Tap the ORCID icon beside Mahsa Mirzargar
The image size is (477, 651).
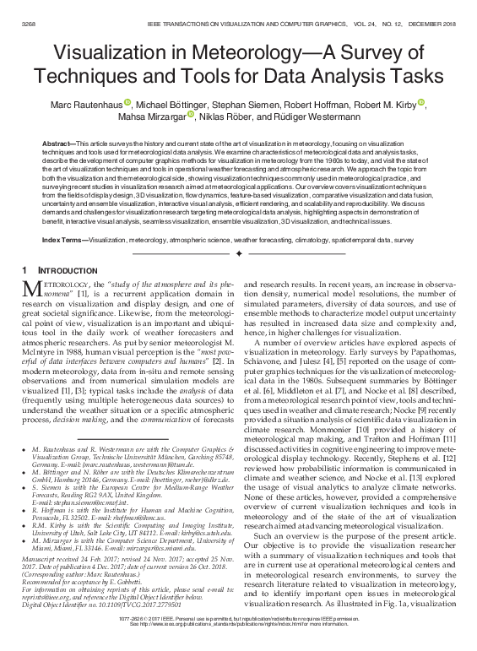pos(191,116)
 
